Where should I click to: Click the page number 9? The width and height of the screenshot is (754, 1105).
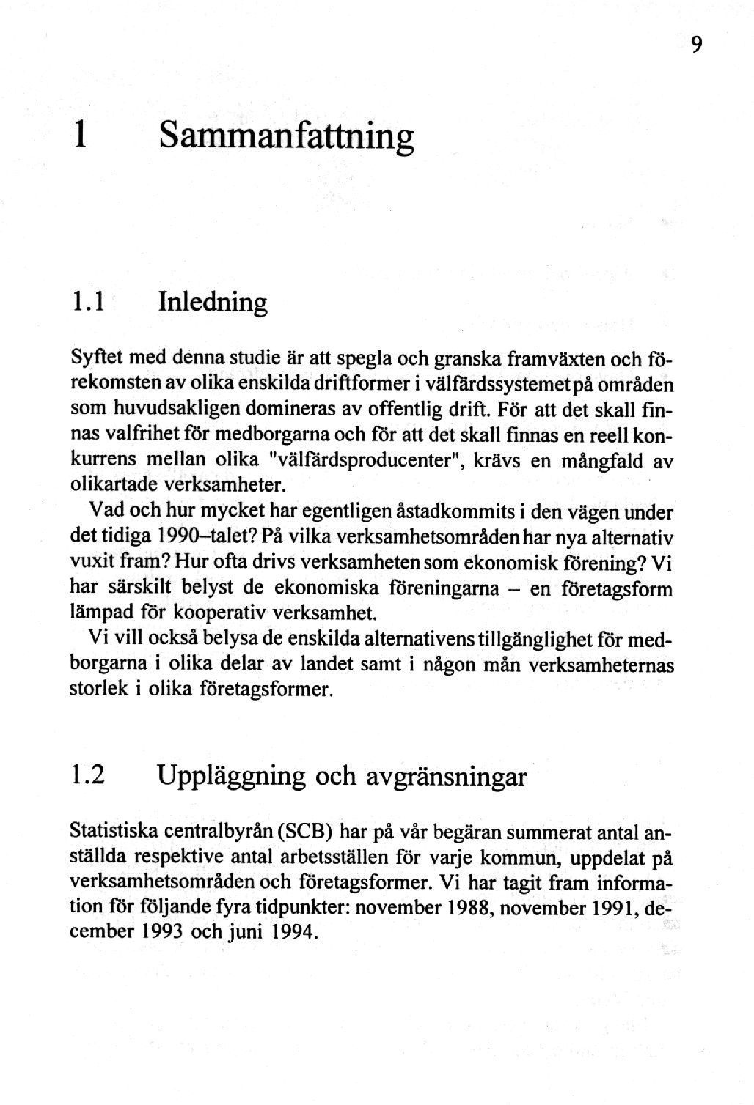tap(696, 45)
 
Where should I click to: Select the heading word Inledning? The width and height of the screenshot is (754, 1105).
tap(212, 303)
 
